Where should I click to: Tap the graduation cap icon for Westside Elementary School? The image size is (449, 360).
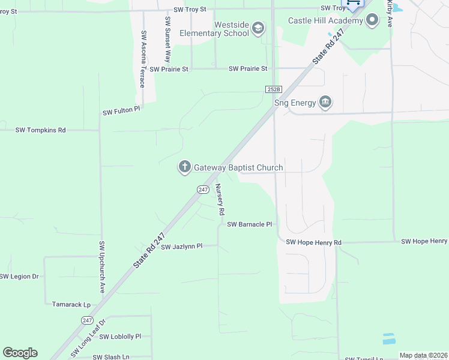[x=258, y=28]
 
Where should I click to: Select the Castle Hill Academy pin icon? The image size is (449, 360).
[x=372, y=21]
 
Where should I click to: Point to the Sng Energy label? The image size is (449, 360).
[x=295, y=103]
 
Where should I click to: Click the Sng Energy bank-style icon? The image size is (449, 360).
[x=325, y=102]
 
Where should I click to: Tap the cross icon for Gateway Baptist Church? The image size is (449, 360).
[x=184, y=167]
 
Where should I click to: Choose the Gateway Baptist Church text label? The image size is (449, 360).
[x=238, y=167]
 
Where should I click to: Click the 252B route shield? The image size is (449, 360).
[x=273, y=89]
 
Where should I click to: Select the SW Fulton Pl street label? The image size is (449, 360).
[x=121, y=112]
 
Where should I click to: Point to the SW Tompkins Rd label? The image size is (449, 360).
[x=40, y=130]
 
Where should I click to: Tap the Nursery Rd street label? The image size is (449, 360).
[x=220, y=199]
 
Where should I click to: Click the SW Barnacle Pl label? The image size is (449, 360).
[x=250, y=224]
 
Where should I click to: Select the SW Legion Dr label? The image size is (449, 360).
[x=19, y=277]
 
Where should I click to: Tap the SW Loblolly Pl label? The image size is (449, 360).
[x=120, y=337]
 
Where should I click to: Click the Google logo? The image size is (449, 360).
[x=20, y=352]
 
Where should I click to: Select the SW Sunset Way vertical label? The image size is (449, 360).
[x=167, y=40]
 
